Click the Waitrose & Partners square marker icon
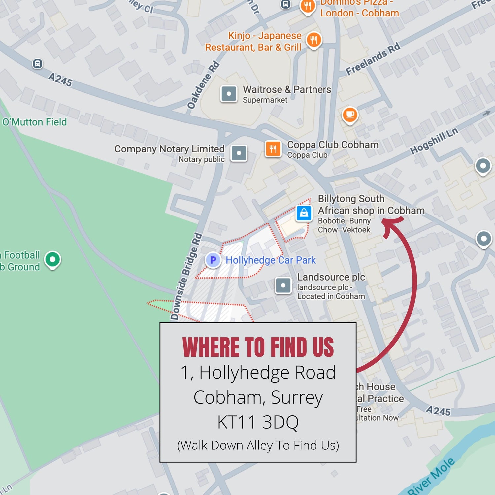tap(229, 94)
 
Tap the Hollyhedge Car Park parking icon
tap(213, 260)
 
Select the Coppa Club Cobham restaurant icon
tap(273, 149)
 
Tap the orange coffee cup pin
tap(350, 115)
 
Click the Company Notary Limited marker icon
tap(239, 153)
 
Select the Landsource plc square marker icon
tap(283, 285)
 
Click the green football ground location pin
tap(52, 259)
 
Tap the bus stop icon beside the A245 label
tap(38, 63)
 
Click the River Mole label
tap(431, 476)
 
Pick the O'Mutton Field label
tap(34, 122)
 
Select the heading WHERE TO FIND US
tap(258, 347)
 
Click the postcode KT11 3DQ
tap(258, 422)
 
